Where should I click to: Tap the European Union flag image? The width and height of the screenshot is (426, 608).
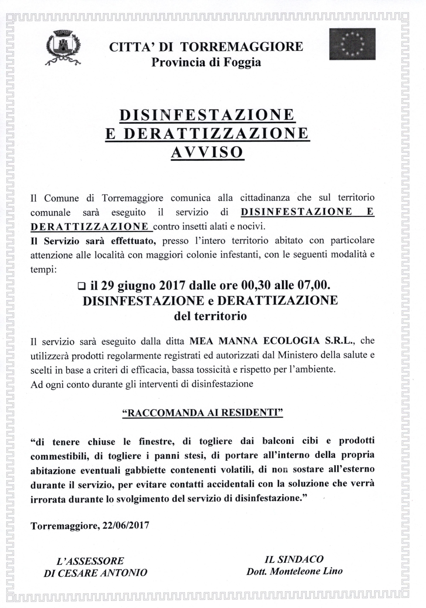coord(352,44)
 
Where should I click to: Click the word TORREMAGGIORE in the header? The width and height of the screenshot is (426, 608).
coord(242,47)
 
